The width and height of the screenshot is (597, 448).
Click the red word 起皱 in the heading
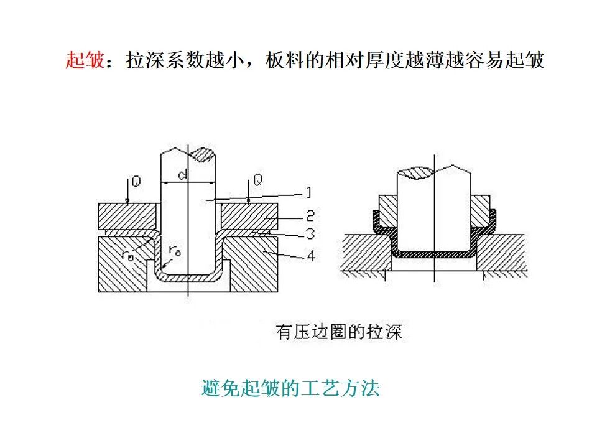pyautogui.click(x=84, y=60)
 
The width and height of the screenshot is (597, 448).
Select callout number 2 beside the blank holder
pyautogui.click(x=310, y=216)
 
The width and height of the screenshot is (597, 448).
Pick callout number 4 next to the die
pyautogui.click(x=310, y=254)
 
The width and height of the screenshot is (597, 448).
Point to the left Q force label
pyautogui.click(x=136, y=181)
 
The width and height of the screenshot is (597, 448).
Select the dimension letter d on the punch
pyautogui.click(x=183, y=175)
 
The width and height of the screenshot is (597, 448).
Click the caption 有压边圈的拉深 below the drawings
pyautogui.click(x=339, y=332)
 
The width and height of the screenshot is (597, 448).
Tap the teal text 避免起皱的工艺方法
pyautogui.click(x=290, y=390)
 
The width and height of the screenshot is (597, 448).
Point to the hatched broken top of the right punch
pyautogui.click(x=415, y=171)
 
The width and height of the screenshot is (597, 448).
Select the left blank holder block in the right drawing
pyautogui.click(x=387, y=212)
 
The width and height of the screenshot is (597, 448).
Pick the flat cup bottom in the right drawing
pyautogui.click(x=435, y=254)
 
